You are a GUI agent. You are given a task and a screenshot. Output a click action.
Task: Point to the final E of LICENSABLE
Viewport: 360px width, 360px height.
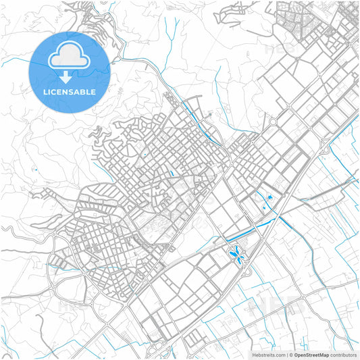(x=93, y=92)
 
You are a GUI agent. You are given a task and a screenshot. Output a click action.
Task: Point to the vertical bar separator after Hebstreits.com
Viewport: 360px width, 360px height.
(x=287, y=355)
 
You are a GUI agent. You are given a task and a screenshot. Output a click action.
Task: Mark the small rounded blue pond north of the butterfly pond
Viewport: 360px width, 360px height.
(x=270, y=197)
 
